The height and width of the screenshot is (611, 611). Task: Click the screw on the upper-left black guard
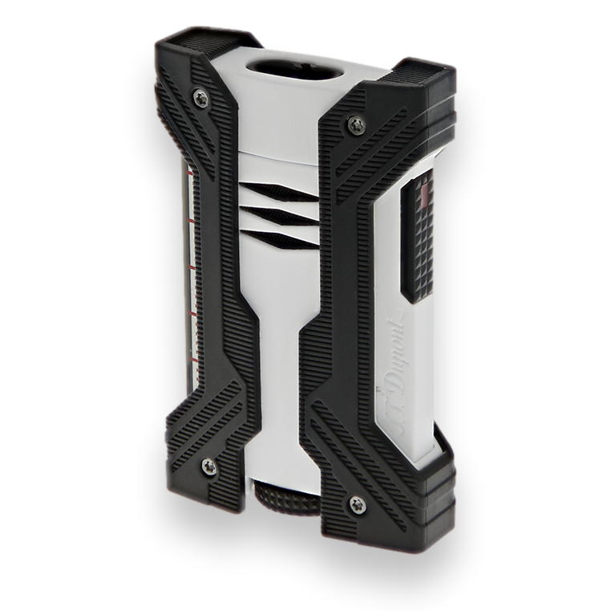click(200, 99)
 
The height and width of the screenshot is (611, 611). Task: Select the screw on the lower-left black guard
click(209, 466)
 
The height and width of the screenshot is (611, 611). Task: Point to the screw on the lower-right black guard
click(358, 505)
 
